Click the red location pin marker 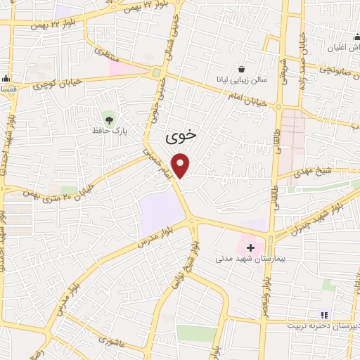pos(182,165)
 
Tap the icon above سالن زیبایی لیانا pos(243,70)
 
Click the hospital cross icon pos(250,247)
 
